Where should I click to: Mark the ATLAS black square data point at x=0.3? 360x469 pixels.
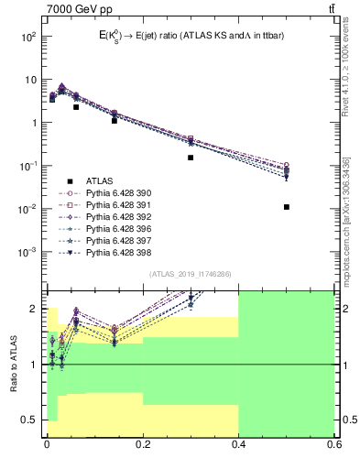tap(191, 158)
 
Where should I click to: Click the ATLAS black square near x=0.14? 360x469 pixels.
tap(114, 121)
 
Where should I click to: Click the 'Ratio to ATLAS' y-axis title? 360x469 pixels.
tap(13, 364)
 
